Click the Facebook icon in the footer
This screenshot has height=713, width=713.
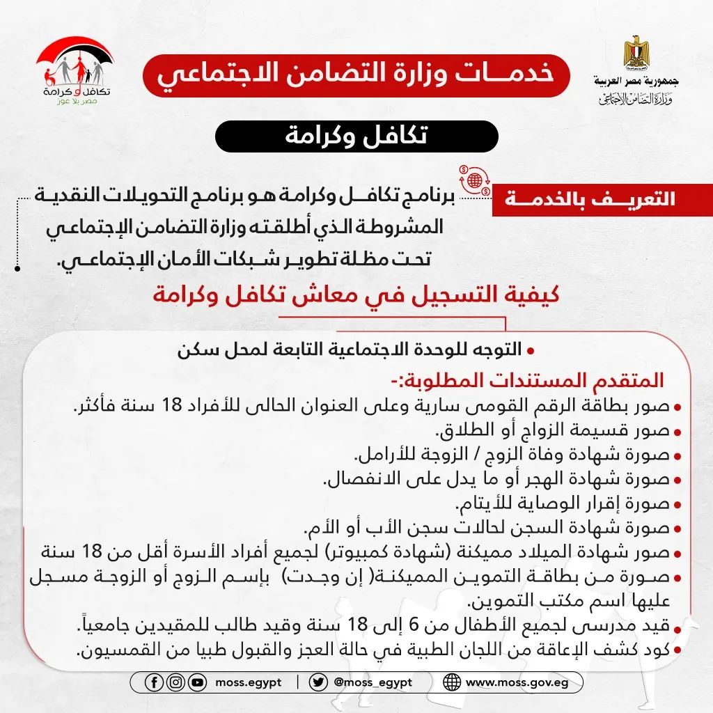tap(155, 682)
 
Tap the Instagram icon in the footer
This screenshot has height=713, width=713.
tap(176, 682)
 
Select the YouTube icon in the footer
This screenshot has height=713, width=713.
tap(198, 682)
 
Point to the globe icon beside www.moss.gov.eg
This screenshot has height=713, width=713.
tap(452, 682)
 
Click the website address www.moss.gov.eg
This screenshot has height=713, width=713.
tap(517, 682)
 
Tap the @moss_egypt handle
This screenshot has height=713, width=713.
tap(373, 682)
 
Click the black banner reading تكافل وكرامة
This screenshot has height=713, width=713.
tap(356, 136)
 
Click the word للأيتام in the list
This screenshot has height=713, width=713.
tap(477, 503)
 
